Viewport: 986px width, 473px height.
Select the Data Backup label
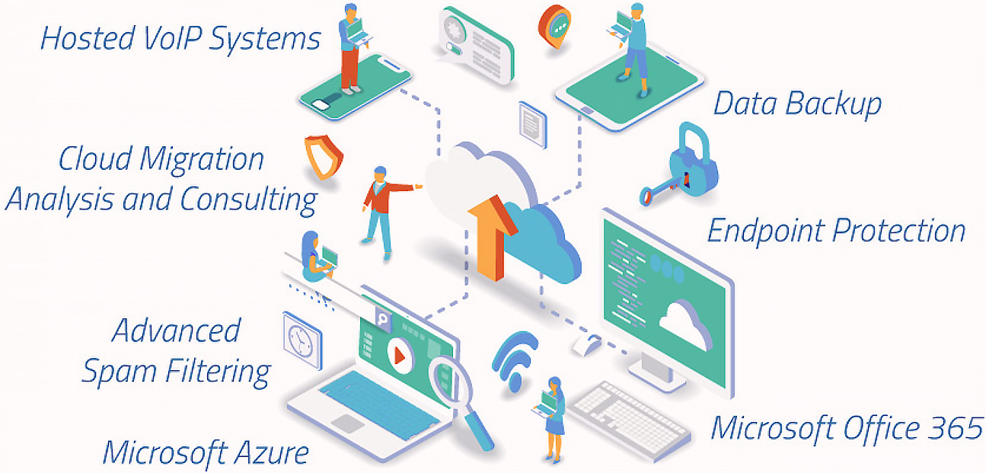[x=796, y=104]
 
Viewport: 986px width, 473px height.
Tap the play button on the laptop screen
[x=397, y=354]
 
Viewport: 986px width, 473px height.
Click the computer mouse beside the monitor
[x=586, y=346]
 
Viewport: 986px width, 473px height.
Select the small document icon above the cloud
[x=532, y=122]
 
